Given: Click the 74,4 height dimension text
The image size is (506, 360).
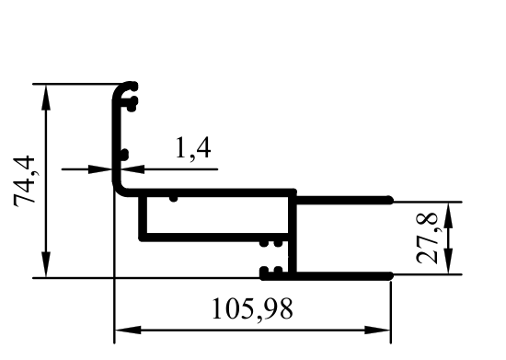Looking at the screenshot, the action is pyautogui.click(x=24, y=180).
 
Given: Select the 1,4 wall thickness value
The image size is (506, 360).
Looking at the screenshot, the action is pyautogui.click(x=193, y=148).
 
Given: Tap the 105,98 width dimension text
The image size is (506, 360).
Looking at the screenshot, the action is pyautogui.click(x=252, y=308).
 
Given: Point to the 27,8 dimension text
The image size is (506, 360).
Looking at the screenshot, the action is pyautogui.click(x=427, y=238).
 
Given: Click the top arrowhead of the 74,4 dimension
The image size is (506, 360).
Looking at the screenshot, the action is pyautogui.click(x=47, y=98).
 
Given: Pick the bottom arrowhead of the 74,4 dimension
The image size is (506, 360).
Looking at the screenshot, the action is pyautogui.click(x=47, y=264).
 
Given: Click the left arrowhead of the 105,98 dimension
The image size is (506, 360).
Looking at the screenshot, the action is pyautogui.click(x=128, y=330).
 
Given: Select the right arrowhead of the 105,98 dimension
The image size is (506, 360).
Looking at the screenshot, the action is pyautogui.click(x=377, y=330).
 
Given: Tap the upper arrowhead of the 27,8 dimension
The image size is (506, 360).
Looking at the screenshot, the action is pyautogui.click(x=449, y=215).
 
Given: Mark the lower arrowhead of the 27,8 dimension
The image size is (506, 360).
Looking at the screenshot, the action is pyautogui.click(x=449, y=261).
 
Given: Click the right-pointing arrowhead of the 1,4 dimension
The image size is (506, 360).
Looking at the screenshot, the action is pyautogui.click(x=100, y=168).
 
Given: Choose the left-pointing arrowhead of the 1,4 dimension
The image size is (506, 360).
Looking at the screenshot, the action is pyautogui.click(x=132, y=168).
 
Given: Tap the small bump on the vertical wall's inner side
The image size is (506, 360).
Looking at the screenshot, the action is pyautogui.click(x=124, y=155).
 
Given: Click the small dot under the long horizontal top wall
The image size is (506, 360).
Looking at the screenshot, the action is pyautogui.click(x=173, y=198).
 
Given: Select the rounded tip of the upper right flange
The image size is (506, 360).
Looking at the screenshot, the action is pyautogui.click(x=390, y=200).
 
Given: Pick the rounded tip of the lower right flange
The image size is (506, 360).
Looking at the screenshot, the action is pyautogui.click(x=390, y=276).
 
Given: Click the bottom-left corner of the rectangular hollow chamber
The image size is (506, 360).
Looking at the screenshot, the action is pyautogui.click(x=143, y=238).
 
